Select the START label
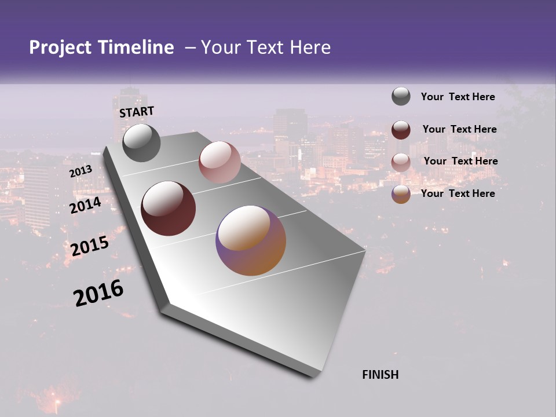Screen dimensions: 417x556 [x=137, y=112]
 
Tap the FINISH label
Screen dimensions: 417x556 [x=381, y=375]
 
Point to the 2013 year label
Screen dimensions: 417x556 [x=81, y=171]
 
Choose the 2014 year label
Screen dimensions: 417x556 [x=86, y=205]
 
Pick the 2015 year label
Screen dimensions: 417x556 [x=90, y=246]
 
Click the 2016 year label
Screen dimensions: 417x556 [x=98, y=292]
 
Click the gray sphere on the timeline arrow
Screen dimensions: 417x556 [x=141, y=143]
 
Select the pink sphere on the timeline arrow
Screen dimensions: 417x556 [x=220, y=162]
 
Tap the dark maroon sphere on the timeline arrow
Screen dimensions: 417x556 [x=169, y=209]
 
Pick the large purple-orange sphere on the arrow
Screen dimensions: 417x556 [x=251, y=240]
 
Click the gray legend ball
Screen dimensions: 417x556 [x=401, y=97]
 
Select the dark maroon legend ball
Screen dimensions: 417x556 [x=401, y=129]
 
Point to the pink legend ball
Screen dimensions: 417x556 [x=401, y=162]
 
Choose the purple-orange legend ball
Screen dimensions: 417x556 [x=401, y=194]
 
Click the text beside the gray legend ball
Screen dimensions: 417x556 [x=458, y=97]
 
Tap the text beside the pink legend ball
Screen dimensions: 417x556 [x=460, y=161]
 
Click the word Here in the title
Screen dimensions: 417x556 [x=310, y=47]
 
